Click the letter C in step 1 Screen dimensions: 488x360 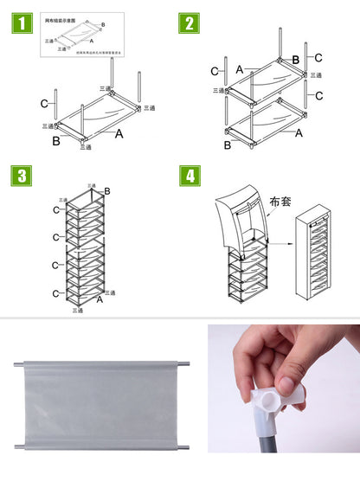pos(44,104)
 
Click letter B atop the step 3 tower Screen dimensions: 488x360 pos(107,191)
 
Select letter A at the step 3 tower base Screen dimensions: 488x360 pos(100,299)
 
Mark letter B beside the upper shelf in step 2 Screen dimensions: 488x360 pos(295,60)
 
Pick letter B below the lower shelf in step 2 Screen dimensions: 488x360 pos(228,146)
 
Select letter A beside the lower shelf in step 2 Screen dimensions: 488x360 pos(299,133)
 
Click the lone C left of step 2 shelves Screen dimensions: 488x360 pos(215,71)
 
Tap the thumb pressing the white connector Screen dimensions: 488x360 pos(286,381)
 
